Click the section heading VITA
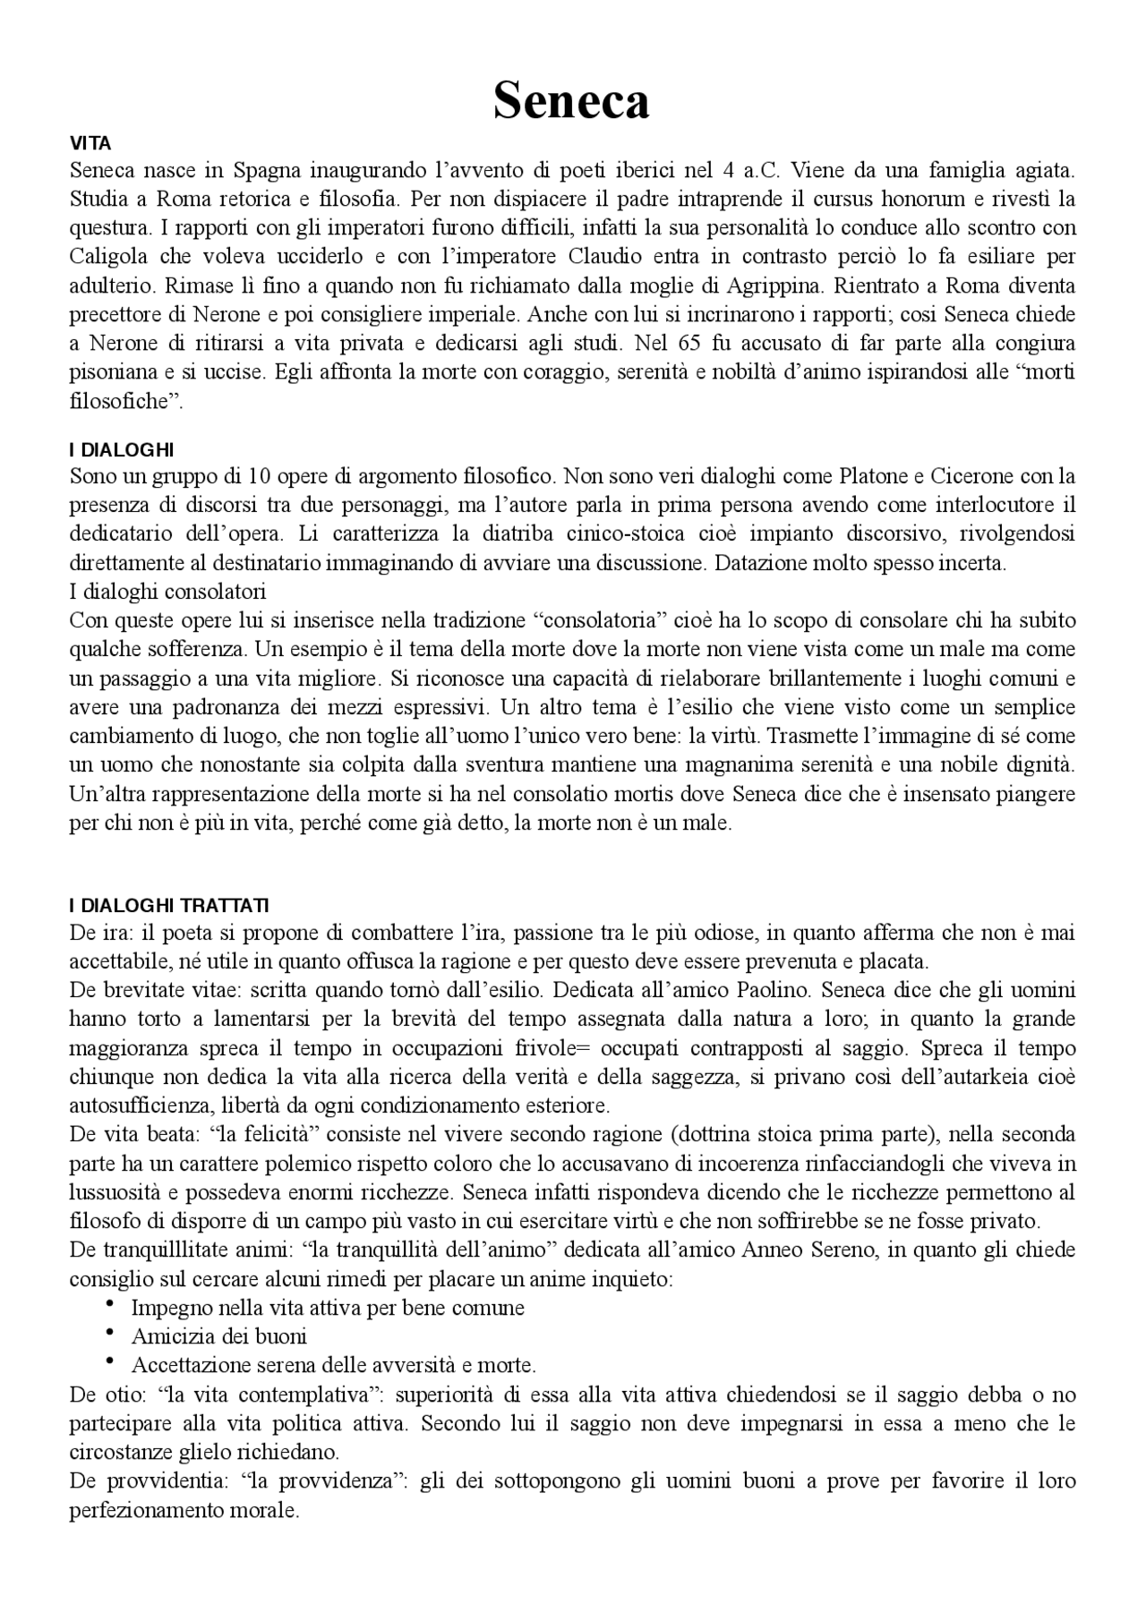[x=90, y=143]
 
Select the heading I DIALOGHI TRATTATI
[x=168, y=906]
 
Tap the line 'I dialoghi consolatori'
[x=167, y=592]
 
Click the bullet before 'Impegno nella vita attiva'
[x=109, y=1304]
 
